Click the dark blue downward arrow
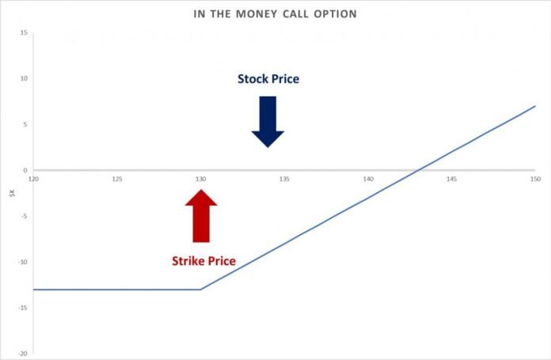click(x=268, y=122)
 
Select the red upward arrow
click(x=201, y=216)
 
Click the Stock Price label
click(x=268, y=78)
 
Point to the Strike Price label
click(x=203, y=261)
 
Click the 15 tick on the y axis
click(x=24, y=32)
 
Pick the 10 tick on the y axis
click(x=24, y=78)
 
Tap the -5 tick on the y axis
click(x=24, y=216)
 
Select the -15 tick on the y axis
click(x=23, y=308)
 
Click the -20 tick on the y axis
click(x=23, y=354)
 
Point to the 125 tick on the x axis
click(x=117, y=179)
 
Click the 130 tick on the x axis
click(x=200, y=179)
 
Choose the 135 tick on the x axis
click(x=284, y=179)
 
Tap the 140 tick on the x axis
click(x=368, y=179)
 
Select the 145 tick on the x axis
click(x=452, y=179)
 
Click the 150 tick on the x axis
click(x=535, y=179)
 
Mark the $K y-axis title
click(x=13, y=193)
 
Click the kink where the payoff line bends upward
click(x=200, y=290)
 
